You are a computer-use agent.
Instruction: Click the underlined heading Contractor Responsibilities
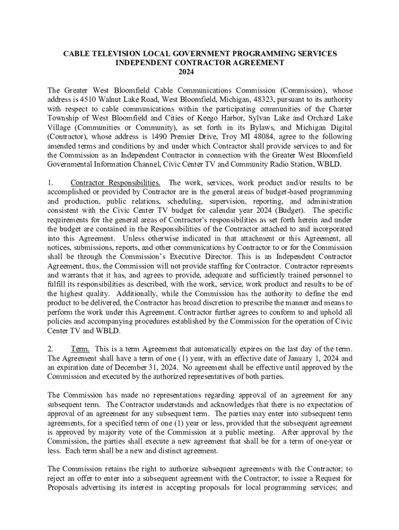(x=115, y=183)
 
